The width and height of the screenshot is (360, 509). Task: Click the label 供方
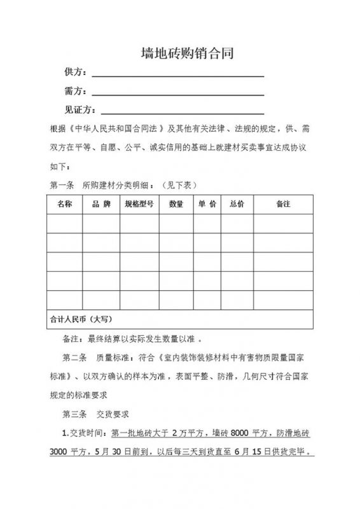pyautogui.click(x=74, y=71)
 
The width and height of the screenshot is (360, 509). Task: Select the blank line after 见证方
pyautogui.click(x=183, y=113)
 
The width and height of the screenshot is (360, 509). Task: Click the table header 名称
pyautogui.click(x=64, y=204)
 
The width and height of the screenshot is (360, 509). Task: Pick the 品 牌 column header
pyautogui.click(x=101, y=204)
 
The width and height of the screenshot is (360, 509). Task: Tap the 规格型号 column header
pyautogui.click(x=139, y=204)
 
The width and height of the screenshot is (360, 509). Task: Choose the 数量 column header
pyautogui.click(x=176, y=204)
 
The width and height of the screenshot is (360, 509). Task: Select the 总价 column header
pyautogui.click(x=237, y=204)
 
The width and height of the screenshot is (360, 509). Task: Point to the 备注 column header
pyautogui.click(x=283, y=204)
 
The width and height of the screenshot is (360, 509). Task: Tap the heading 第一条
pyautogui.click(x=62, y=185)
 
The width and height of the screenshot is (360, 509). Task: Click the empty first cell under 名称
pyautogui.click(x=64, y=223)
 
